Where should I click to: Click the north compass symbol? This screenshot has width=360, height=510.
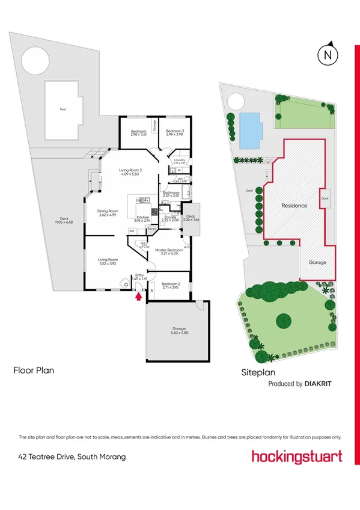click(328, 55)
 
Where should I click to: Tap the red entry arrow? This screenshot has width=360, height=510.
click(139, 295)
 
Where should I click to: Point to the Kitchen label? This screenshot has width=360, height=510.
click(143, 218)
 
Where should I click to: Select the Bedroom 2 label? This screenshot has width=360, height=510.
click(171, 285)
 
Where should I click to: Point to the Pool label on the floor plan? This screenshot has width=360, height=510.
click(63, 109)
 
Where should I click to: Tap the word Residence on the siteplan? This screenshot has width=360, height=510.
click(294, 206)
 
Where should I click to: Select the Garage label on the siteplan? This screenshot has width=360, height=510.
click(317, 263)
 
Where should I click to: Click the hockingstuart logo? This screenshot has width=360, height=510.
click(296, 456)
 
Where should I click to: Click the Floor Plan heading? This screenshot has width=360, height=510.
click(34, 370)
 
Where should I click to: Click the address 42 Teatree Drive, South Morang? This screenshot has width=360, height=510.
click(72, 457)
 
